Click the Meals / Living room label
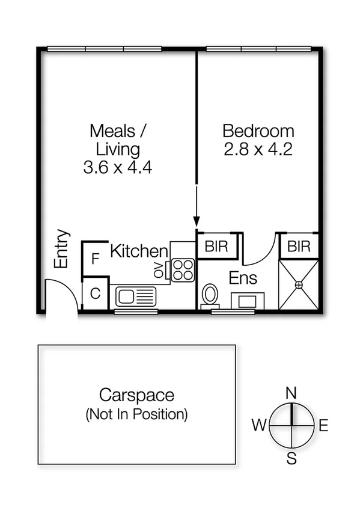[x=118, y=140]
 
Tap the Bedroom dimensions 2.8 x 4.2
[x=258, y=149]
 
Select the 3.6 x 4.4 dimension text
[x=118, y=167]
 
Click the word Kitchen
[x=139, y=251]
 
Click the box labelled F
[x=95, y=260]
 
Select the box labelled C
[x=95, y=294]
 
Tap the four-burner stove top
[x=183, y=270]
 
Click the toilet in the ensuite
[x=211, y=295]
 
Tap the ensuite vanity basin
[x=247, y=300]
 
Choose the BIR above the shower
[x=299, y=246]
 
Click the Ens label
[x=244, y=278]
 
